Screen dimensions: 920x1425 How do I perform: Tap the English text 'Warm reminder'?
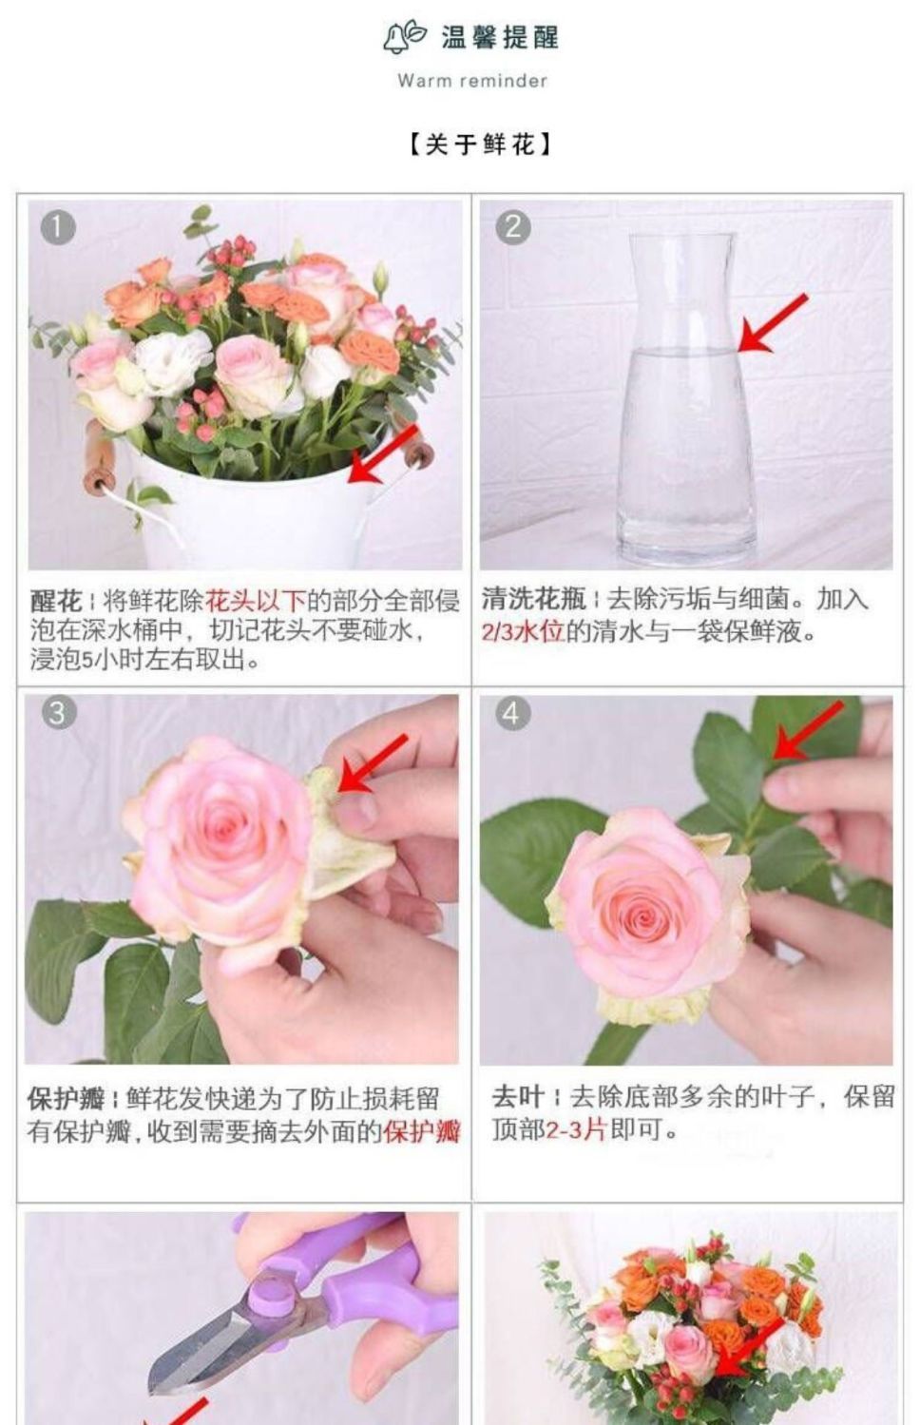pos(471,81)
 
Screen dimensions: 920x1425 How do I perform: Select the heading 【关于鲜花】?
pos(479,144)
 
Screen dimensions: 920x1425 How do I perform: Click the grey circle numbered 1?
pos(58,228)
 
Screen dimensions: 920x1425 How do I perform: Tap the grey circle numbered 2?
pos(512,228)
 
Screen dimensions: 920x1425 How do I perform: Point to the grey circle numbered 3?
pos(58,713)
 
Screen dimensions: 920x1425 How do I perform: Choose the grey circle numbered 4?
pos(512,714)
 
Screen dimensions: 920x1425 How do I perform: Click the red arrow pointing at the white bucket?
pos(383,453)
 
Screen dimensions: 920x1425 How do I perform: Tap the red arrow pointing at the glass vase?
pos(773,322)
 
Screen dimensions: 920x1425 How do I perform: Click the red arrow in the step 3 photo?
pos(373,762)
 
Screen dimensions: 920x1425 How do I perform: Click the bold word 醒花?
pos(56,601)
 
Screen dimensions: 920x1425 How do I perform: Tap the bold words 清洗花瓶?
pos(533,599)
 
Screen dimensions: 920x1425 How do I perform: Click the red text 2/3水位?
pos(523,632)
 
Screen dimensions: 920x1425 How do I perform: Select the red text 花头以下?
pos(256,601)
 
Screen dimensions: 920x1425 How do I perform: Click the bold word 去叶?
pos(517,1097)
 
